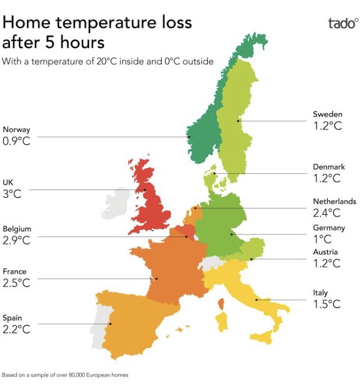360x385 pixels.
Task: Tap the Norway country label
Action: coord(16,130)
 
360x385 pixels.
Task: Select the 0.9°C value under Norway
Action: coord(17,141)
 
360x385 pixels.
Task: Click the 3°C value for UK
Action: coord(12,194)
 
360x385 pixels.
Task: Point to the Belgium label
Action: coord(17,229)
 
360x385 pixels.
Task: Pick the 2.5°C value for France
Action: coord(16,283)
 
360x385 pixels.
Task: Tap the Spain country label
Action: coord(13,318)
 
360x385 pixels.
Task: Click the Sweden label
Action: coord(327,114)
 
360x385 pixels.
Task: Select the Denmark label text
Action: coord(328,167)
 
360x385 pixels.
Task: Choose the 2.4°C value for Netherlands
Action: coord(327,213)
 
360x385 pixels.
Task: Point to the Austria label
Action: coord(325,252)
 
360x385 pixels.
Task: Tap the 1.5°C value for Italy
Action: coord(327,304)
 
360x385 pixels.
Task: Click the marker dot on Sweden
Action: coord(238,121)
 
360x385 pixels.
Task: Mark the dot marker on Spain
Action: coord(110,324)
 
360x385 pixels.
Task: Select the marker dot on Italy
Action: coord(257,300)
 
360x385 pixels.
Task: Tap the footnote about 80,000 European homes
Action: coord(65,376)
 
